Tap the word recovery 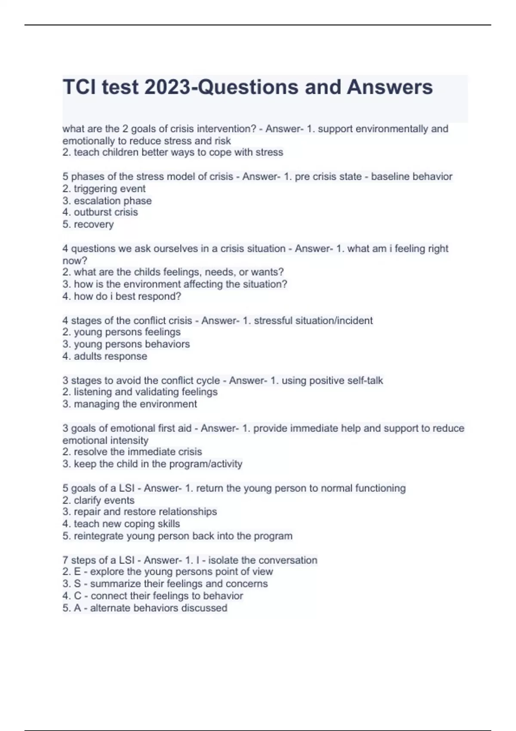(94, 224)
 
